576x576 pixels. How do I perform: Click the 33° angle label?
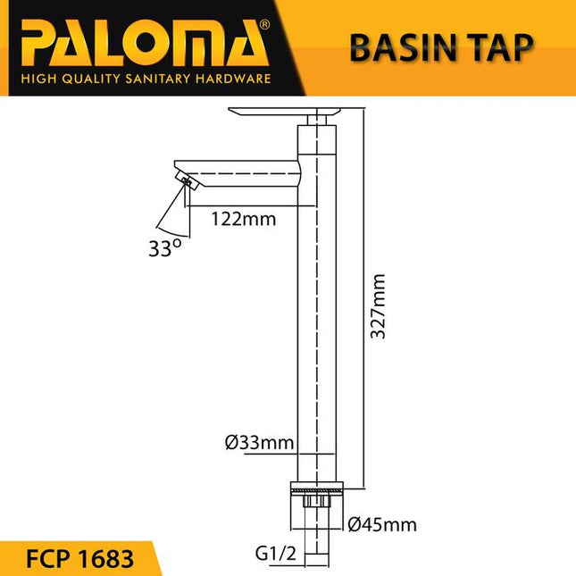coord(165,248)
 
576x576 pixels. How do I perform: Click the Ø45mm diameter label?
coord(381,524)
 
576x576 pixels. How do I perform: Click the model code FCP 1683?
coord(78,559)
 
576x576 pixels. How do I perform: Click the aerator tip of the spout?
coord(188,184)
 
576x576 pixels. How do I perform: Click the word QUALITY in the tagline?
coord(83,79)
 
